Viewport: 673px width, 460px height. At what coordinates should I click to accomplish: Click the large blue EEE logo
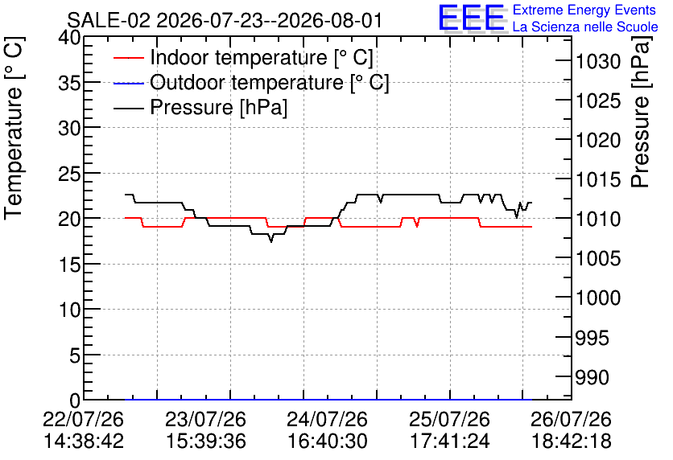coord(471,18)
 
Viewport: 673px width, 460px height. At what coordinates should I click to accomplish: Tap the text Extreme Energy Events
coord(584,10)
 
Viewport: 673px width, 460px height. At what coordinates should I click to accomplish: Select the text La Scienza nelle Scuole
coord(585,27)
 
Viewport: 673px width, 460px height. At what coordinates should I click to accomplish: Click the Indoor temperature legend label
coord(262,57)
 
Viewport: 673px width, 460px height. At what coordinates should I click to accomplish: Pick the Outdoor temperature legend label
coord(269,82)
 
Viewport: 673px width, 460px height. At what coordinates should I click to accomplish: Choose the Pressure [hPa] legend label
coord(218,107)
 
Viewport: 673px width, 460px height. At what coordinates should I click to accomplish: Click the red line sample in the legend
coord(129,57)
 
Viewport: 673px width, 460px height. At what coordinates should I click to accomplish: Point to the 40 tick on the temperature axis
coord(69,38)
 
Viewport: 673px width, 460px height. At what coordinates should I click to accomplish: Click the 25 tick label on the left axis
coord(69,173)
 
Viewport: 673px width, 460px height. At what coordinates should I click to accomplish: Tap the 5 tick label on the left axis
coord(75,355)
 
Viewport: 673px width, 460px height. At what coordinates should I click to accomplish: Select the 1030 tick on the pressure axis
coord(598,62)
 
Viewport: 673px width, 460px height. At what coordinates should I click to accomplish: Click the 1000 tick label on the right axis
coord(598,298)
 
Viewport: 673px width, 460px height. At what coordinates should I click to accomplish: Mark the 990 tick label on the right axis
coord(592,377)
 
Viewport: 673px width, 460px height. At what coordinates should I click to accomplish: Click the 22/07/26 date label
coord(83,419)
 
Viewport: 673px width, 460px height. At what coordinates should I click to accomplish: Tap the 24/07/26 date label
coord(327,419)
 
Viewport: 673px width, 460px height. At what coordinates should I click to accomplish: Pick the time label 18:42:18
coord(572,442)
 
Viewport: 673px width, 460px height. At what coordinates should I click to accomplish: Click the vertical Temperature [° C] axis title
coord(14,128)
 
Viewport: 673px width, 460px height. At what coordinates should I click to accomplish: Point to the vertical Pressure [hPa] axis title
coord(641,112)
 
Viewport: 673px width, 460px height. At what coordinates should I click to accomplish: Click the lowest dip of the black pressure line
coord(270,242)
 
